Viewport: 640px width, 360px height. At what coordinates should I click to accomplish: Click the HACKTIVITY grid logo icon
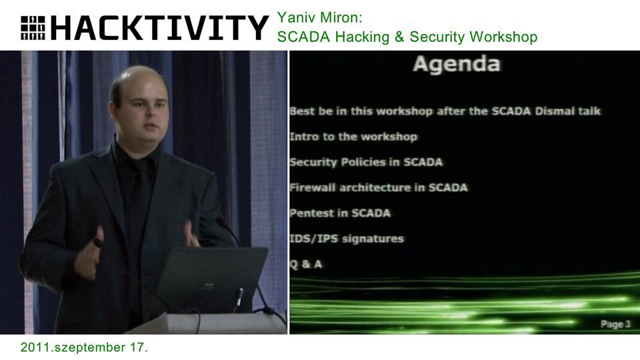[33, 27]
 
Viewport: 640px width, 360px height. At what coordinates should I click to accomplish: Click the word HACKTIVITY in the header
[159, 28]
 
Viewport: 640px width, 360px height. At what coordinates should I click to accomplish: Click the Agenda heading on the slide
[456, 65]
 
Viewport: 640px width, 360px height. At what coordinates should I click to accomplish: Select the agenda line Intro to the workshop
[353, 137]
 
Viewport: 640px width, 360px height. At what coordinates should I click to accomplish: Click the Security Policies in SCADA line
[365, 162]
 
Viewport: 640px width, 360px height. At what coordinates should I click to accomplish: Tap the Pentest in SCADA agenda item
[339, 213]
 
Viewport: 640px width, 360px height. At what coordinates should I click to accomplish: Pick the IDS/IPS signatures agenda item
[346, 239]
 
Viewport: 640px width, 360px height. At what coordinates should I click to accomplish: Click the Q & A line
[305, 264]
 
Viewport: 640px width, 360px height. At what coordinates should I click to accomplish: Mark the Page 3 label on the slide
[615, 324]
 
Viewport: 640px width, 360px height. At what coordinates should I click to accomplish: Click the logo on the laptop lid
[209, 286]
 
